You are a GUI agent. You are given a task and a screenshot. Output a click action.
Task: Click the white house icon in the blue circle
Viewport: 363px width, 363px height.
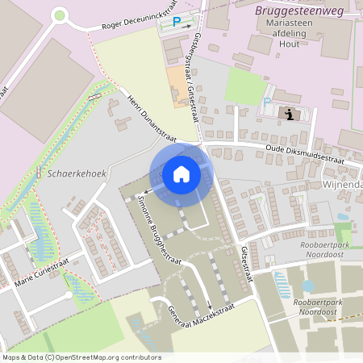tap(181, 174)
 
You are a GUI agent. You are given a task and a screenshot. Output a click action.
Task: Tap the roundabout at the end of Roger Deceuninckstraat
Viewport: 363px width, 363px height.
tap(59, 15)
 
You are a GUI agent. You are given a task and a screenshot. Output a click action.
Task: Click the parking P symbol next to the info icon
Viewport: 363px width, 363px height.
tap(267, 102)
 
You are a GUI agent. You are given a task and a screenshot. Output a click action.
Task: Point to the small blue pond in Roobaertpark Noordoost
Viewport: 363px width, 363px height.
tap(307, 286)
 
